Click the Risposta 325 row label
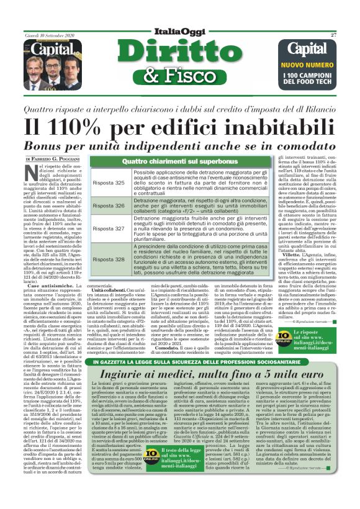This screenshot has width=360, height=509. pyautogui.click(x=109, y=183)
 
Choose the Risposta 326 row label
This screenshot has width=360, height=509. pyautogui.click(x=109, y=205)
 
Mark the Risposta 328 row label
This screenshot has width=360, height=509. pyautogui.click(x=109, y=259)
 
